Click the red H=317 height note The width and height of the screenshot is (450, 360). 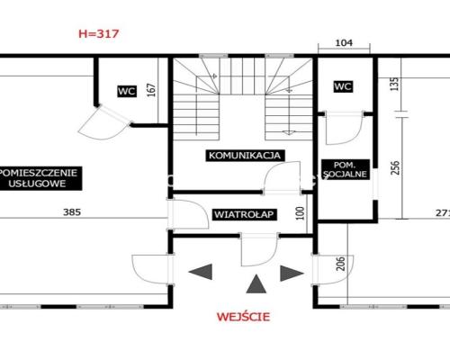click(x=99, y=33)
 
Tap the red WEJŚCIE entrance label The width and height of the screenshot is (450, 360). click(x=243, y=317)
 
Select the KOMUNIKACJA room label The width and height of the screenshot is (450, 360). click(x=245, y=156)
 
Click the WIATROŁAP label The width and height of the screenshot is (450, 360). click(x=244, y=214)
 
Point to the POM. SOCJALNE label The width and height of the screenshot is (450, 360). click(x=346, y=169)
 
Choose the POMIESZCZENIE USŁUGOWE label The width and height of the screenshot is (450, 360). click(x=39, y=178)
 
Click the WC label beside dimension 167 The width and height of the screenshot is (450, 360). click(x=127, y=91)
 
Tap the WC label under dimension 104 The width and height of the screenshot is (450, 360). click(x=343, y=86)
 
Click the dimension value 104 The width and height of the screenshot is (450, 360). click(x=344, y=42)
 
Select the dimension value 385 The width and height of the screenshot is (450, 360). click(x=72, y=212)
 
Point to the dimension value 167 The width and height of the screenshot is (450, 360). click(x=152, y=90)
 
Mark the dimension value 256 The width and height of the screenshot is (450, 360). click(x=395, y=167)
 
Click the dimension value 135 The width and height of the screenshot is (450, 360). click(x=395, y=84)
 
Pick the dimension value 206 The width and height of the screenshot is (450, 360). click(x=341, y=264)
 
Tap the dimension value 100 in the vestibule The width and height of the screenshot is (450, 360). click(x=300, y=213)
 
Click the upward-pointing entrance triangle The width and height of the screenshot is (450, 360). click(x=256, y=283)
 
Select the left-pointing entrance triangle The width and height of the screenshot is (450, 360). click(x=201, y=272)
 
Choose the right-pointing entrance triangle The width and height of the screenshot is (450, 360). click(x=292, y=274)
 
